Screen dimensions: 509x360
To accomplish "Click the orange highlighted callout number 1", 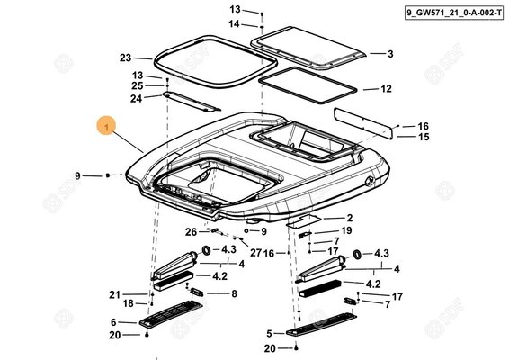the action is [x=107, y=127].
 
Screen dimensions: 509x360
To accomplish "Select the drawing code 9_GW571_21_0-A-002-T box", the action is [x=454, y=13].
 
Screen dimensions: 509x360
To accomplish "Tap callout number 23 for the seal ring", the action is [x=126, y=58].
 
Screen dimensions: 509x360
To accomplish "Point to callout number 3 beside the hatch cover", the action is [x=390, y=54].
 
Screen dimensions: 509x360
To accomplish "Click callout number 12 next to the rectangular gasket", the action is [x=387, y=89].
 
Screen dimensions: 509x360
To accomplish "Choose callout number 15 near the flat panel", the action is [x=424, y=137].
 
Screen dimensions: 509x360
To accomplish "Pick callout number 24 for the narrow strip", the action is [x=137, y=98].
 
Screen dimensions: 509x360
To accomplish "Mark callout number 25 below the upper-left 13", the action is [x=138, y=86].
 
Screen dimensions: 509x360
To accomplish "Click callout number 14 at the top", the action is [x=234, y=24].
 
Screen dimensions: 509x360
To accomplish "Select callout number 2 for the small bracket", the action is [x=350, y=218].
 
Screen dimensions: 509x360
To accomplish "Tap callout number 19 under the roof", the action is [x=346, y=230].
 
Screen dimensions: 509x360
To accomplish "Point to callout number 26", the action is [x=192, y=232].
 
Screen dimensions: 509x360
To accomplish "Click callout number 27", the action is [x=255, y=253].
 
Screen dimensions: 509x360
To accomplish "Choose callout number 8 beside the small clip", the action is [x=234, y=293].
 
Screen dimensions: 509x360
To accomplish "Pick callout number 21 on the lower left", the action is [x=114, y=294].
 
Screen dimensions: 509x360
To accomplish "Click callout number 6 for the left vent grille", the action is [x=113, y=322].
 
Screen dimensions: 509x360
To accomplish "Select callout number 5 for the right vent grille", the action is [x=269, y=334].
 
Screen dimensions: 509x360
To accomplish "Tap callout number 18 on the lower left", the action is [x=129, y=303].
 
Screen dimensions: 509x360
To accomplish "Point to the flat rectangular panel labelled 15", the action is [x=363, y=123].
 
